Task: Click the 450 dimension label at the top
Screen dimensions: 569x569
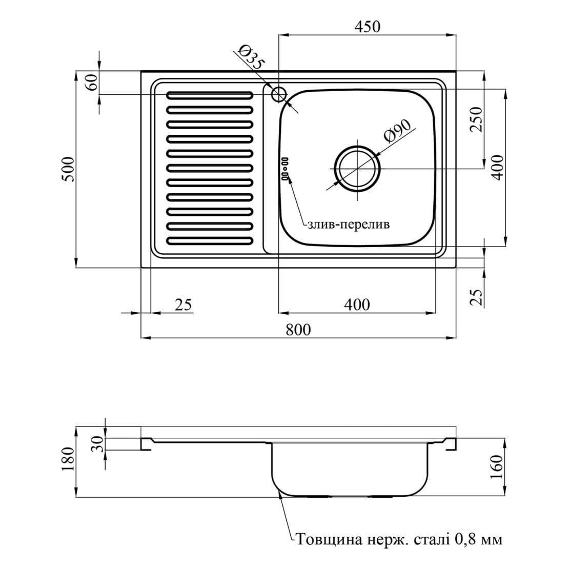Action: point(368,26)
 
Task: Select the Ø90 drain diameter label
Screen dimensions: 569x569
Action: point(397,131)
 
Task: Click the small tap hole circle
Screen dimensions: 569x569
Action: point(279,94)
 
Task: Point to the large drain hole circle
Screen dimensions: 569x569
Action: point(358,168)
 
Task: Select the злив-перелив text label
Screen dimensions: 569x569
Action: point(348,225)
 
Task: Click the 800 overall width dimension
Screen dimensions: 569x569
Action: point(298,329)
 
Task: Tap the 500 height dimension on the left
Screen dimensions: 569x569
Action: point(68,169)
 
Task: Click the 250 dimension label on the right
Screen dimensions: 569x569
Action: point(477,119)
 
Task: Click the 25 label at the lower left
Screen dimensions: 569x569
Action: point(183,304)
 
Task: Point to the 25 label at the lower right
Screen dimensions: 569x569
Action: point(477,297)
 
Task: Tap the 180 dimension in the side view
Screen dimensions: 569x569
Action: point(68,459)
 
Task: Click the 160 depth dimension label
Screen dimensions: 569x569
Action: point(496,466)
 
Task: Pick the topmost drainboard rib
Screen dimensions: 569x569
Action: point(210,95)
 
